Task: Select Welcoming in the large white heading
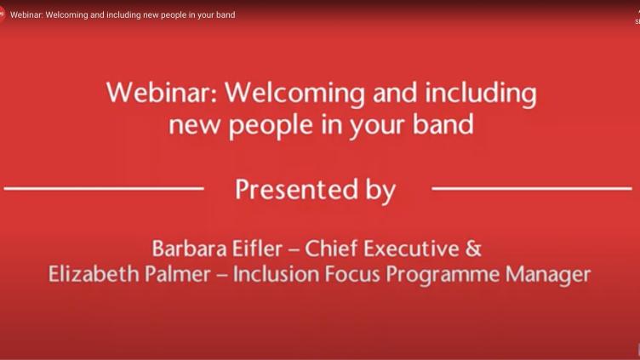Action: (x=294, y=94)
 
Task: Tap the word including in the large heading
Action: (x=481, y=94)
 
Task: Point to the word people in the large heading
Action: (x=271, y=125)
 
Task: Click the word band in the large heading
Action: (x=443, y=123)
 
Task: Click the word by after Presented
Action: (x=380, y=191)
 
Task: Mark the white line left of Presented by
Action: (x=104, y=189)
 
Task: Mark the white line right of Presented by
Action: (x=532, y=189)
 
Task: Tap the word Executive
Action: (x=411, y=249)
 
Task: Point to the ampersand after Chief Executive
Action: (x=473, y=249)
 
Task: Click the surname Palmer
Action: (x=178, y=274)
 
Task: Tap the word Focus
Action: (x=352, y=274)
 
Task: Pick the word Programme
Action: (x=443, y=276)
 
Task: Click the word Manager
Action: (x=548, y=276)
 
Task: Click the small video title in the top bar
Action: (x=123, y=15)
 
